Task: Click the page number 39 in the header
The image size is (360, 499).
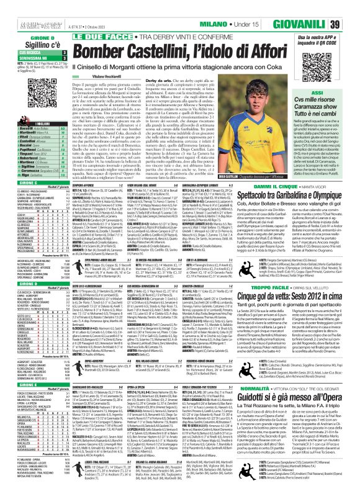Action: pyautogui.click(x=351, y=24)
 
